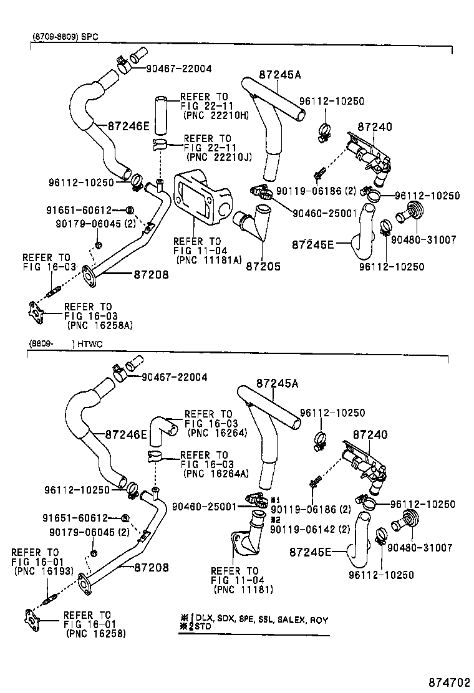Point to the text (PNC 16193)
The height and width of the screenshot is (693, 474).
coord(42,571)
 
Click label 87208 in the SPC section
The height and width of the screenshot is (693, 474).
coord(150,274)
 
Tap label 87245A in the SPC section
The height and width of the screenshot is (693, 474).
coord(279,75)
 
